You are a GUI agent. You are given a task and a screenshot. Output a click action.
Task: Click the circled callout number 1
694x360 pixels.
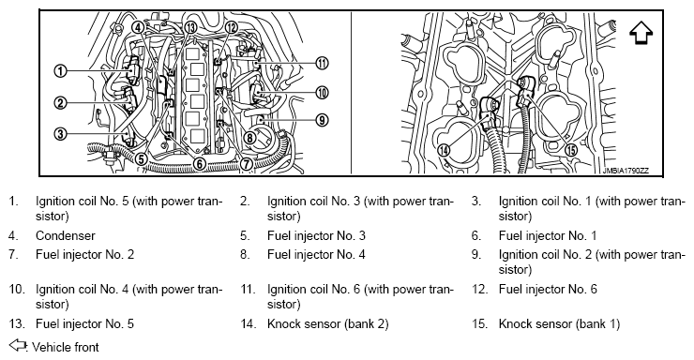point(60,70)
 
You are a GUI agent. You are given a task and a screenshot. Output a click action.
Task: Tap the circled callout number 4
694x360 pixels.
point(138,27)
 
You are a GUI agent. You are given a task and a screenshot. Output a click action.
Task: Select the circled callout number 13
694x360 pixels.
point(190,27)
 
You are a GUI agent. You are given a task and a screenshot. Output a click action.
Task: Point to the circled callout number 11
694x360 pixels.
point(323,63)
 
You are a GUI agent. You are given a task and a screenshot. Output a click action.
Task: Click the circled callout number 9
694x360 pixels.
point(323,119)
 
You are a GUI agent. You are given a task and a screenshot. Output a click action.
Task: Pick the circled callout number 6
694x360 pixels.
point(200,164)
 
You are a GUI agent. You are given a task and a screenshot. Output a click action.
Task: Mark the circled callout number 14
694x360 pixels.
point(443,150)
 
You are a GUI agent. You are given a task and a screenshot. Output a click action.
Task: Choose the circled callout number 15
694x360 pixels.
point(572,150)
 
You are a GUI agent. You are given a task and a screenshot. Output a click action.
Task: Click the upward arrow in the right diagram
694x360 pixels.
point(641,33)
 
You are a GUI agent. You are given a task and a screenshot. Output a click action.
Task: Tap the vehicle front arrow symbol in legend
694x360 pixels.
point(18,345)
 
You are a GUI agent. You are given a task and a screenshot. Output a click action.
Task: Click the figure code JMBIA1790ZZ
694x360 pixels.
point(626,172)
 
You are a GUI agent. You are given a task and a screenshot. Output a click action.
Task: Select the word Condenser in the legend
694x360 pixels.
point(66,235)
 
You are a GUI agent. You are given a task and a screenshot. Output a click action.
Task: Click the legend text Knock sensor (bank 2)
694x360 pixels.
point(328,324)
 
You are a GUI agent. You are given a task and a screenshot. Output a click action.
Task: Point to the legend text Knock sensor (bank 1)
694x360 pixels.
point(559,324)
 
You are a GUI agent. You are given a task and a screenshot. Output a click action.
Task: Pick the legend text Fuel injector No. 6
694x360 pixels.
point(548,290)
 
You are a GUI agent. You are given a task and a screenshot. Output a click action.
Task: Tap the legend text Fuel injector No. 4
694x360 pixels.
point(316,255)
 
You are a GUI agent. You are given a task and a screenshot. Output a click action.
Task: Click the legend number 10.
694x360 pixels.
point(17,290)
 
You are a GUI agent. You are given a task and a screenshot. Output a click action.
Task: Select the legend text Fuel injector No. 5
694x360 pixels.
point(84,324)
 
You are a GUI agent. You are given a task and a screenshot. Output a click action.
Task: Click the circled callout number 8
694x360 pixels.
point(249,138)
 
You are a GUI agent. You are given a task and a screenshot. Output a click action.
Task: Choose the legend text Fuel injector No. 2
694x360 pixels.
point(85,255)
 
